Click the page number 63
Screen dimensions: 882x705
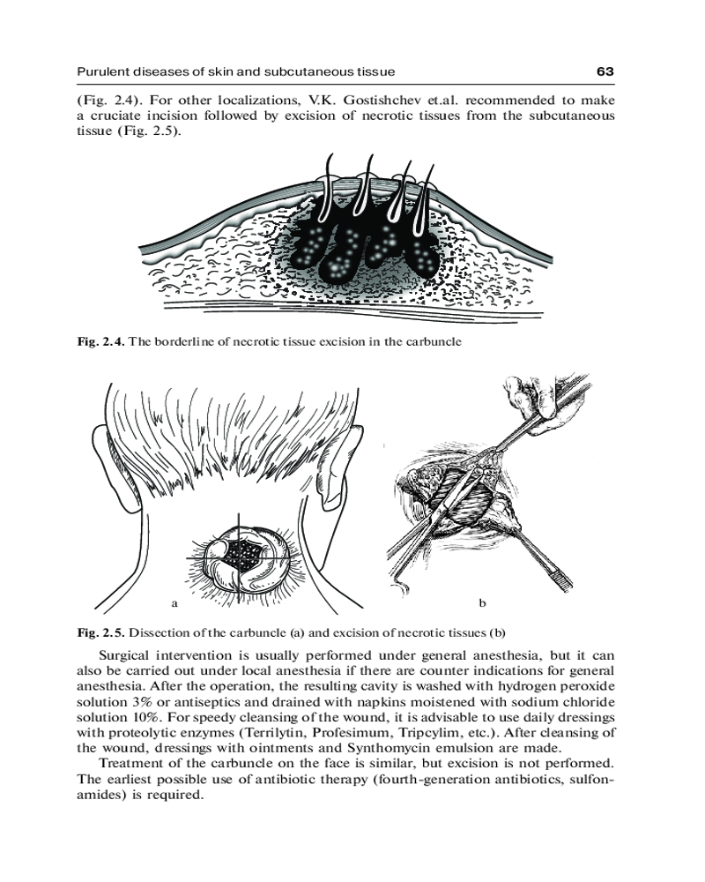pos(605,71)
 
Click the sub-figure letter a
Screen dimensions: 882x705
pos(174,604)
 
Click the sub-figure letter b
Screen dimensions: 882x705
pos(482,604)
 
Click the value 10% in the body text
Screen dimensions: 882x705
pos(142,716)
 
